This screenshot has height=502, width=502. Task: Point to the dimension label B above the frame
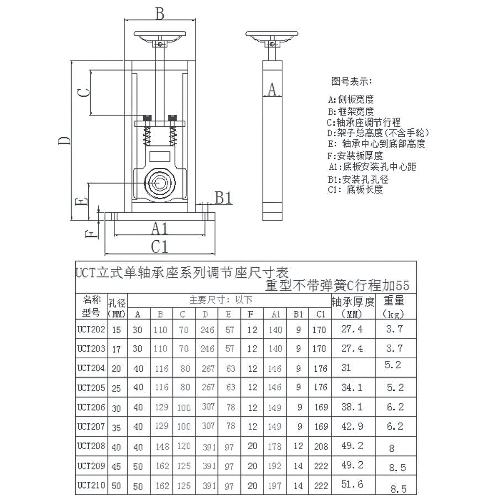[x=159, y=13]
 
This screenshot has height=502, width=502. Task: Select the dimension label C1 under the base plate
[x=159, y=246]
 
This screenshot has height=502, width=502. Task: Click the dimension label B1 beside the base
[x=223, y=198]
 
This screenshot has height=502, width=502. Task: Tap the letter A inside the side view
[x=272, y=89]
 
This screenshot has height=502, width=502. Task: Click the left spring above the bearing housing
[x=148, y=134]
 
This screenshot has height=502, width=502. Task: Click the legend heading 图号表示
[x=351, y=81]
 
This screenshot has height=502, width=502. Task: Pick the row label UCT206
[x=91, y=407]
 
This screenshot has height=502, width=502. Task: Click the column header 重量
[x=394, y=301]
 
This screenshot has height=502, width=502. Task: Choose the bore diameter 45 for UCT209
[x=117, y=466]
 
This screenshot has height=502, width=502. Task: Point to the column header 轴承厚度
[x=353, y=302]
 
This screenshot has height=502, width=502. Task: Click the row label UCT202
[x=91, y=329]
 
